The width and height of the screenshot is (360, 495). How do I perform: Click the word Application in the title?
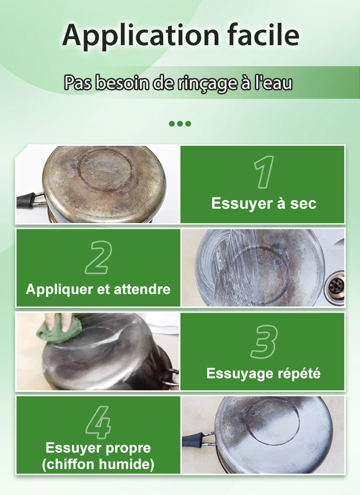point(141,35)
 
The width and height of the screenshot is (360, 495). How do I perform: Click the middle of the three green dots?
point(180,123)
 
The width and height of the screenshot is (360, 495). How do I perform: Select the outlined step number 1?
point(264,172)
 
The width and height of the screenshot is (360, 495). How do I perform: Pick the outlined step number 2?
point(98,257)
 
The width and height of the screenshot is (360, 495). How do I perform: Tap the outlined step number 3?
point(264,342)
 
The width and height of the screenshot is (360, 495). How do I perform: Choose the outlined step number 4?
point(98,422)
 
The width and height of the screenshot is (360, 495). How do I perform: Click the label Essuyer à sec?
point(264,203)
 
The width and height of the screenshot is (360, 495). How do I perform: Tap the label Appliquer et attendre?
point(98,289)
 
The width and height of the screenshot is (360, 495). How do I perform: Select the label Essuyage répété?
point(264,374)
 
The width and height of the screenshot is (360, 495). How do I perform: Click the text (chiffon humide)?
point(98,464)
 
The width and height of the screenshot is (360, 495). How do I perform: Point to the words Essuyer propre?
point(98,448)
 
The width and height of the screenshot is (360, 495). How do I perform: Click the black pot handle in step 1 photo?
point(27,200)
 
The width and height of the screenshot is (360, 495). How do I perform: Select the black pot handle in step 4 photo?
point(193,440)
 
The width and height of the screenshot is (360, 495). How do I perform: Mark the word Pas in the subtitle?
point(77,82)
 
